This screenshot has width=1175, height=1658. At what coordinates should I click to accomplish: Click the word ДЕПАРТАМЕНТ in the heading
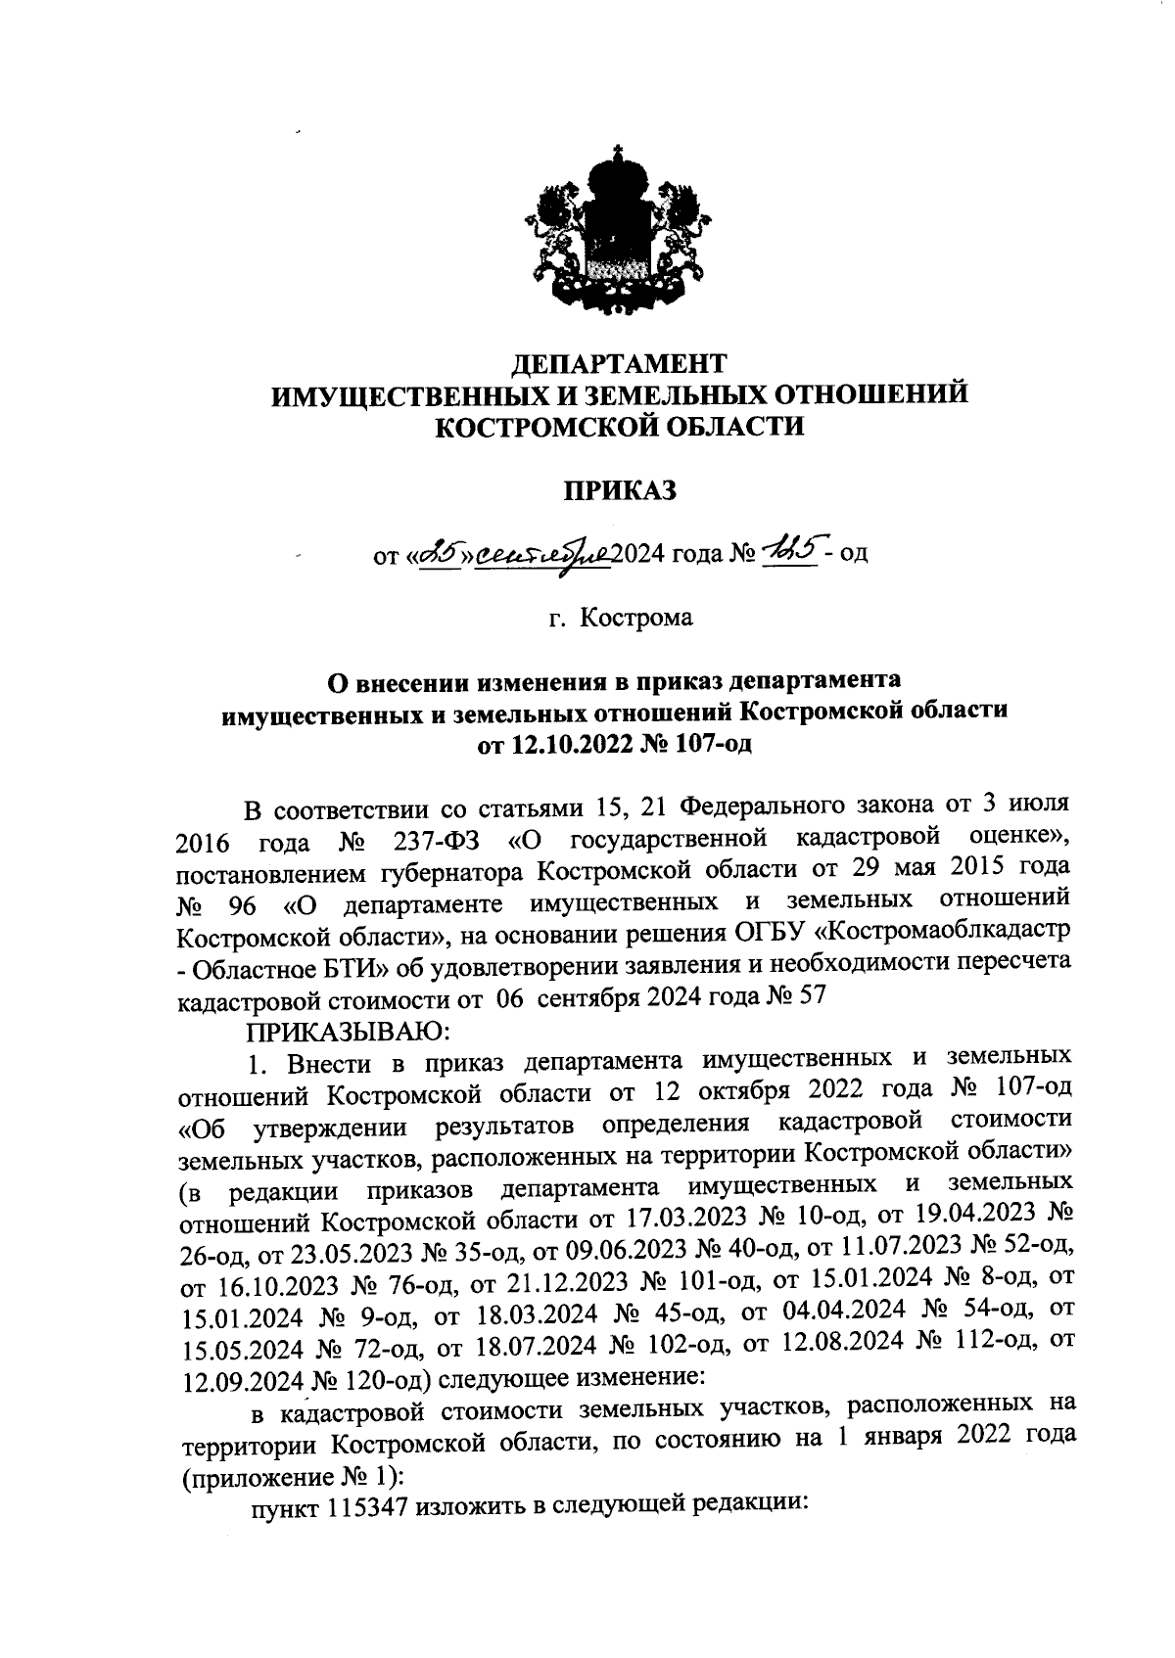[x=621, y=364]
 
